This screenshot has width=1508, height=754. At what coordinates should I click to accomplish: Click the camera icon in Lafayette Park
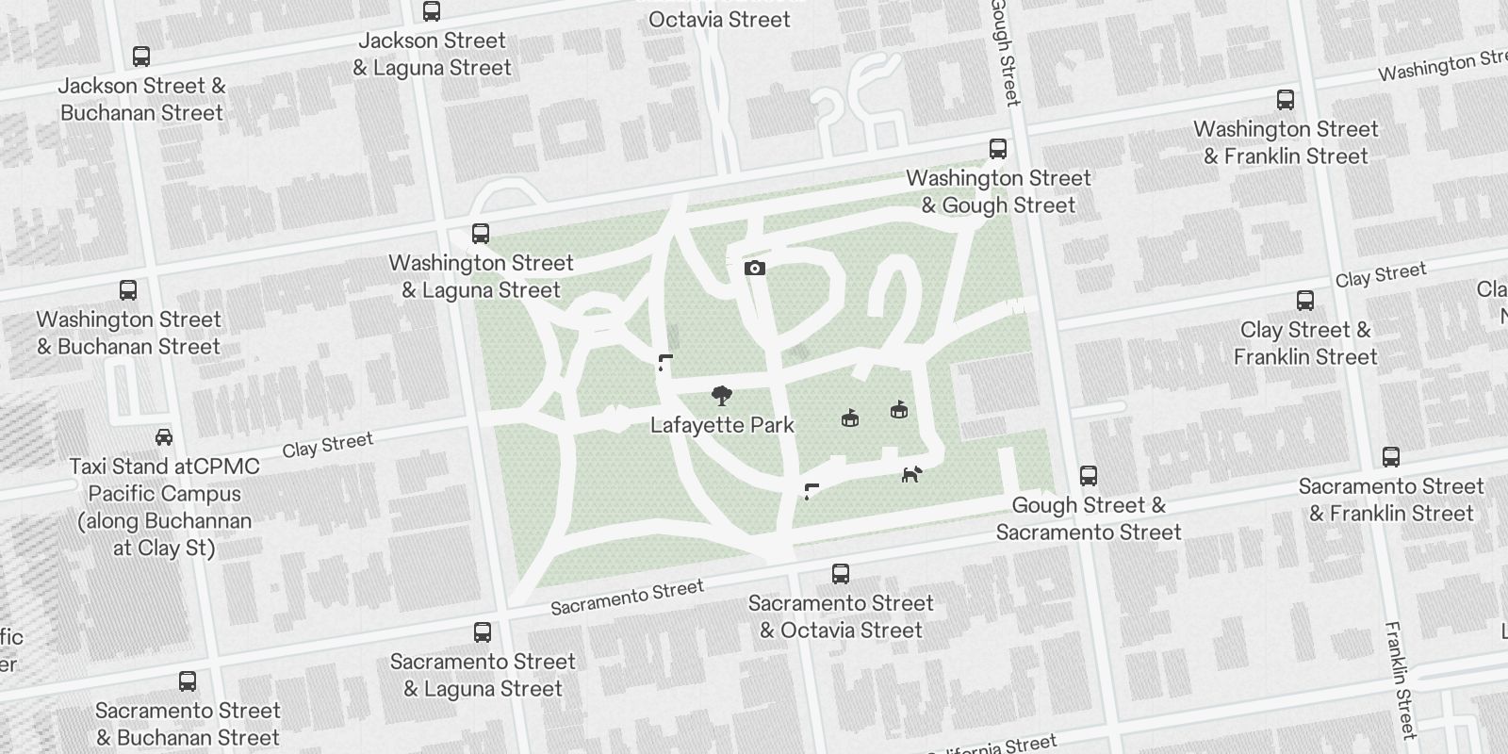point(754,269)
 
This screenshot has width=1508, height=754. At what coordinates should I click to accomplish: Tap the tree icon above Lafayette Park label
point(722,395)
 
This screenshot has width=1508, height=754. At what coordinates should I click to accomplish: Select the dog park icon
point(911,474)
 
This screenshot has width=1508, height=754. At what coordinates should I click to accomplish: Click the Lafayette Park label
point(722,425)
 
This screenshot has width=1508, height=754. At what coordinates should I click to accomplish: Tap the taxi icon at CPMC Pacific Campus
point(164,437)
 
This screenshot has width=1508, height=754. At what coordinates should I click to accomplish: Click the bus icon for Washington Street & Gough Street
point(998,149)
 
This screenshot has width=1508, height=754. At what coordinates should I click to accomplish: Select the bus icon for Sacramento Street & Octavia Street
point(841,573)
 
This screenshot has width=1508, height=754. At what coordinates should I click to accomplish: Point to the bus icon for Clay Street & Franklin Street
point(1305,301)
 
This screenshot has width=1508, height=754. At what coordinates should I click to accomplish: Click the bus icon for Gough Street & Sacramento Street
point(1089,475)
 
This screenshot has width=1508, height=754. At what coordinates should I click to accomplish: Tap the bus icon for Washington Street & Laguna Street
point(481,234)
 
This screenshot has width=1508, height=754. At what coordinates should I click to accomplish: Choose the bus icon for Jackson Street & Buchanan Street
point(141,57)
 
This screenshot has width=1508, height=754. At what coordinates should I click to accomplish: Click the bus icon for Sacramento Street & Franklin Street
point(1390,457)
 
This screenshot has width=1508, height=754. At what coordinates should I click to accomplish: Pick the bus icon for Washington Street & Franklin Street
point(1286,100)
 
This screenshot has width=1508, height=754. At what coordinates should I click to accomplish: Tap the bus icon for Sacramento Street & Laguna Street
point(483,631)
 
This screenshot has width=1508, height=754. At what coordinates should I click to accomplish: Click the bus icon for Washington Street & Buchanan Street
point(128,290)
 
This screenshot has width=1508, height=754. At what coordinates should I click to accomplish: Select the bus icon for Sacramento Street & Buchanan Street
point(188,681)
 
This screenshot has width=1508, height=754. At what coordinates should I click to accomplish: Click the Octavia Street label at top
point(719,19)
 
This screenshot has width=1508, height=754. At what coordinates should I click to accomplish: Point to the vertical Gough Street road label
point(1005,52)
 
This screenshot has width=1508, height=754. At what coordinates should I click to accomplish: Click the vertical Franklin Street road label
point(1401,679)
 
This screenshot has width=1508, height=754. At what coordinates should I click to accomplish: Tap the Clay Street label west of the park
point(327,444)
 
